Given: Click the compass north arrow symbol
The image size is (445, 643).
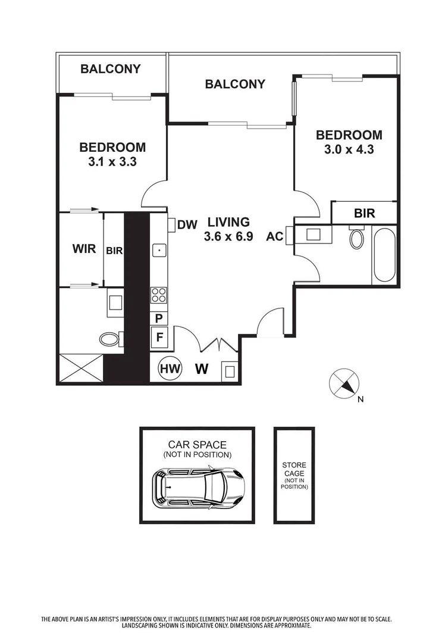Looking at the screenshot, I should tap(344, 382).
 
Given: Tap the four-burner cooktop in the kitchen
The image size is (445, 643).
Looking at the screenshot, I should tap(159, 294).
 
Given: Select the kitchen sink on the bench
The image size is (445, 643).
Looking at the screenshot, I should tap(159, 251).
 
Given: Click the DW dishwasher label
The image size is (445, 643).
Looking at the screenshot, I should tap(187, 224).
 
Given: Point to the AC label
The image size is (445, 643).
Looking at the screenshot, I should tap(274, 236).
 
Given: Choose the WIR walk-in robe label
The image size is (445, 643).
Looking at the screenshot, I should tap(84, 249).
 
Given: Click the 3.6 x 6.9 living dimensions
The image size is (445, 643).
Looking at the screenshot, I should tap(228, 236).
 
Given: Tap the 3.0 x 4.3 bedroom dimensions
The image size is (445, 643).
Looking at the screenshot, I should tap(349, 150).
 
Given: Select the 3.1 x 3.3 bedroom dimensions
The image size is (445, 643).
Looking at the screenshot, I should tap(112, 161).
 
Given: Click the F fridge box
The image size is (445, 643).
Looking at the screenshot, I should tap(159, 337).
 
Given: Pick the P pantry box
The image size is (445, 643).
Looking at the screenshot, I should tap(159, 319).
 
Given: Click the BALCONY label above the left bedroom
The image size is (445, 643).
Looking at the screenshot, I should tap(111, 69).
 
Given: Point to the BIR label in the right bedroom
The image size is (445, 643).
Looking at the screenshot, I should tap(364, 213).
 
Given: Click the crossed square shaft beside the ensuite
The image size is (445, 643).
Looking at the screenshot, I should tap(81, 369).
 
